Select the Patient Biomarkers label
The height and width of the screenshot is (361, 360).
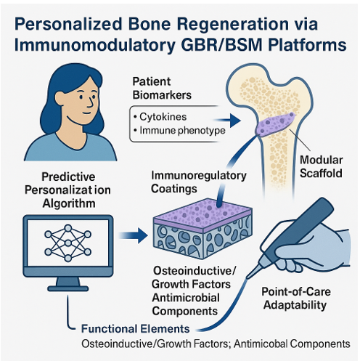(162, 89)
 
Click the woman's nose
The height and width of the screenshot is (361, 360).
(91, 102)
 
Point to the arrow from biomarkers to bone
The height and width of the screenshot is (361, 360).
(227, 121)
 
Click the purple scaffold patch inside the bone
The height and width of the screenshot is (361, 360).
(275, 124)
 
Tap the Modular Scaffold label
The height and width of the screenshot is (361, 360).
(321, 166)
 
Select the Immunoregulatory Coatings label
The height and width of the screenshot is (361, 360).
(198, 182)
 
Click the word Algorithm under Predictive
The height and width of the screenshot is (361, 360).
(69, 203)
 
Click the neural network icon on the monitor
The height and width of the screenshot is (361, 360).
(68, 243)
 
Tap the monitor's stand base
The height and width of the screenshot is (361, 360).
(68, 288)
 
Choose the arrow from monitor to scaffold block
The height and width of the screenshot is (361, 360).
(134, 235)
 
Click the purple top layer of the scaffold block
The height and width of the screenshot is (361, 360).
(202, 210)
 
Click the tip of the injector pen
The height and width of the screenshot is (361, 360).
(247, 277)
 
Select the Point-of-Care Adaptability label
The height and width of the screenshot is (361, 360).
(295, 298)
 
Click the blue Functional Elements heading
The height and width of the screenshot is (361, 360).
(135, 328)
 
